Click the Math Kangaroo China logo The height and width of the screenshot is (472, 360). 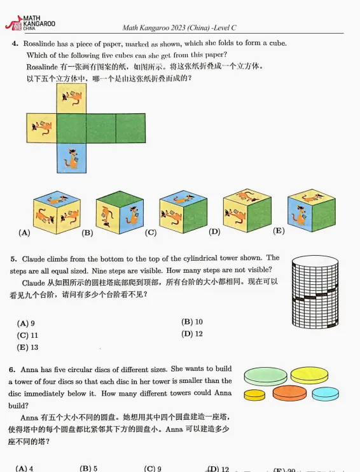click(x=30, y=24)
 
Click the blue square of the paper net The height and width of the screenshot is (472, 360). click(x=71, y=157)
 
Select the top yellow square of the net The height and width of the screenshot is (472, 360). click(x=71, y=98)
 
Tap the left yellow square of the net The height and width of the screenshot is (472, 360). click(x=41, y=128)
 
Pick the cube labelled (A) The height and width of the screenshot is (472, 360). click(x=57, y=212)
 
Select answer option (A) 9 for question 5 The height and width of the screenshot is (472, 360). click(x=26, y=323)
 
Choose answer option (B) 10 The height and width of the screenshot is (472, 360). click(x=192, y=322)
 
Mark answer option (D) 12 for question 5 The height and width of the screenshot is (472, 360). click(x=192, y=334)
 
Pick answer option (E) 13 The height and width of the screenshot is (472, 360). click(x=27, y=347)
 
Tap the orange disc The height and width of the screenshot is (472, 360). click(x=290, y=393)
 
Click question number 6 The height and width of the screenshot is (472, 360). click(x=12, y=370)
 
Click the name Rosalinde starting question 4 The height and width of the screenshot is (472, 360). click(x=41, y=43)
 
